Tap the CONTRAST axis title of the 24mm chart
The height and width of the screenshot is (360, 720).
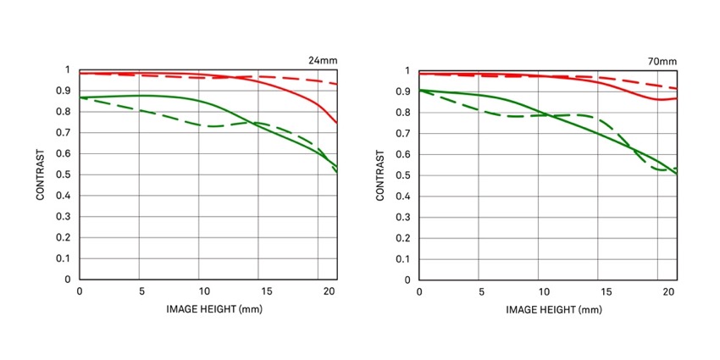point(41,174)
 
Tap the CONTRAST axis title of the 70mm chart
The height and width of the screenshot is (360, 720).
point(380,175)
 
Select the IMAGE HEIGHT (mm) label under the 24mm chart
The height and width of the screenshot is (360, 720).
point(209,309)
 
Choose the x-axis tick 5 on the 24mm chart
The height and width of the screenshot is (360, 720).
point(140,291)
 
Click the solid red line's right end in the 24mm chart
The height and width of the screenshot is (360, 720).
point(337,124)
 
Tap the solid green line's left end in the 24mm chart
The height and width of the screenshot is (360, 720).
point(80,97)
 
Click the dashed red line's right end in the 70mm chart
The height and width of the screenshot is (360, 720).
point(677,89)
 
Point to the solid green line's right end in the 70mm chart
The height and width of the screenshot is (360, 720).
point(677,174)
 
